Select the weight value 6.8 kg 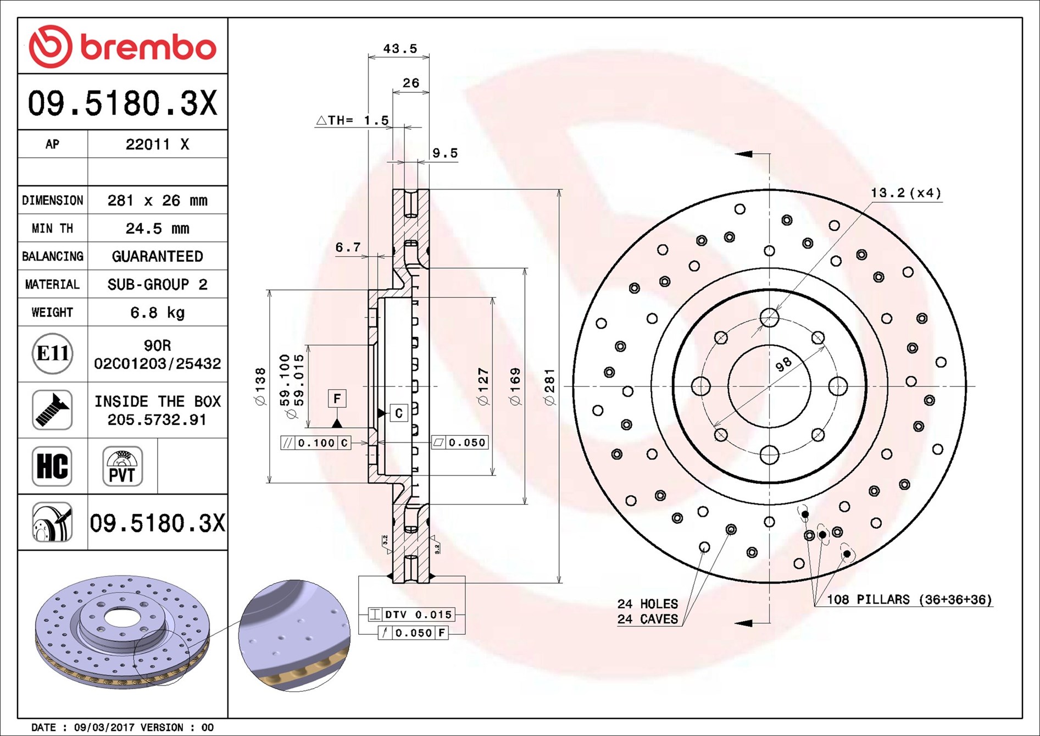click(x=157, y=313)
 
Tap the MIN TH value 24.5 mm click(x=157, y=228)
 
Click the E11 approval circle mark click(x=52, y=353)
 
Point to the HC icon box click(x=52, y=466)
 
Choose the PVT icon click(x=122, y=466)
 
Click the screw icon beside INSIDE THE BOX click(x=52, y=410)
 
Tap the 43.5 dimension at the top click(x=399, y=49)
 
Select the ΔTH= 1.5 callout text click(x=352, y=120)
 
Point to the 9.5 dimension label click(x=444, y=153)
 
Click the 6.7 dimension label click(x=348, y=248)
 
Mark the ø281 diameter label click(x=550, y=387)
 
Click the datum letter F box click(x=337, y=399)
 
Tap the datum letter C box click(x=399, y=413)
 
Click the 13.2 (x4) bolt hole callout click(x=905, y=193)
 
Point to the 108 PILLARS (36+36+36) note click(x=909, y=600)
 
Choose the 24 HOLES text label click(x=647, y=604)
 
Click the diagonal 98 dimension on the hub click(x=783, y=364)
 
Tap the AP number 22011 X click(x=157, y=145)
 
